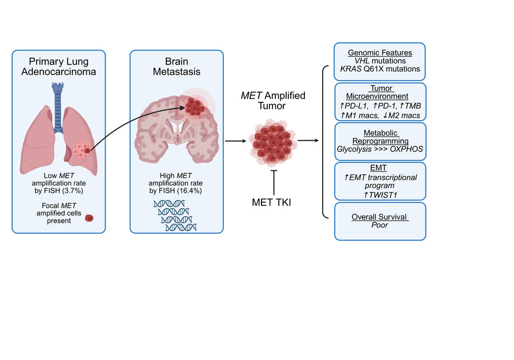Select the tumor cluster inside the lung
(82, 150)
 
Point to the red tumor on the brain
(196, 107)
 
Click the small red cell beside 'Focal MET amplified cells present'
(89, 217)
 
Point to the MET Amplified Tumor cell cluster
(272, 141)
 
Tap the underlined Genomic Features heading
(380, 53)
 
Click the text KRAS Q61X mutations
(380, 69)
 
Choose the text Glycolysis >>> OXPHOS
(380, 149)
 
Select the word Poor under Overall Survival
(380, 225)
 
